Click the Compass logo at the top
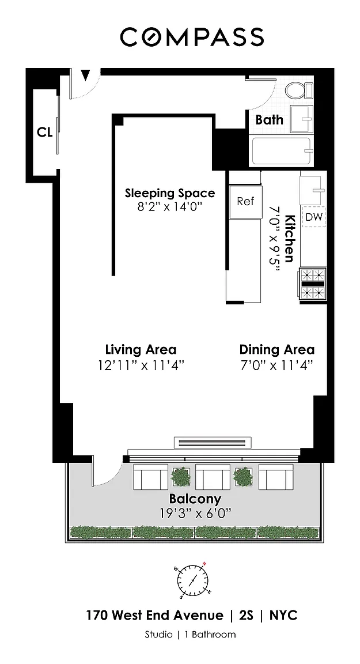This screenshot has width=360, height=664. pyautogui.click(x=192, y=37)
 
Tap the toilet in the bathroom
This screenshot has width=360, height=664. pyautogui.click(x=299, y=90)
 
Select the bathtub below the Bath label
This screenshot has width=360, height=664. pyautogui.click(x=281, y=151)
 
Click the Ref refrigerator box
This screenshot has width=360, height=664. pyautogui.click(x=245, y=202)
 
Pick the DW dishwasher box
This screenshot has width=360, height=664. pyautogui.click(x=314, y=217)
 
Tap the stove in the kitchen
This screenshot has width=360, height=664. pyautogui.click(x=313, y=284)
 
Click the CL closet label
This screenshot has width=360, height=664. pyautogui.click(x=44, y=132)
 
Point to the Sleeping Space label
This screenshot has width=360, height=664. pyautogui.click(x=170, y=194)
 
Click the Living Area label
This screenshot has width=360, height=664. pyautogui.click(x=141, y=350)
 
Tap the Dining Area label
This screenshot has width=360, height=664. pyautogui.click(x=277, y=350)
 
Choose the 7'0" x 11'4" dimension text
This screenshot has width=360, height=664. pyautogui.click(x=277, y=365)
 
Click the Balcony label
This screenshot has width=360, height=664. pyautogui.click(x=195, y=499)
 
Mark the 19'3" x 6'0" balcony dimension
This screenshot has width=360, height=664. pyautogui.click(x=195, y=513)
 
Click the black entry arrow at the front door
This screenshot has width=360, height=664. pyautogui.click(x=86, y=76)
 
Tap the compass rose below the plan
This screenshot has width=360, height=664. pyautogui.click(x=192, y=579)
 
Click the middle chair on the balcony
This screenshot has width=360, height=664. pyautogui.click(x=213, y=477)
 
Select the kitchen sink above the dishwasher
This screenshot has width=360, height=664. pyautogui.click(x=313, y=190)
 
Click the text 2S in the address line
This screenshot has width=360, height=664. pyautogui.click(x=245, y=616)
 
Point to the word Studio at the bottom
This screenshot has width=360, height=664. pyautogui.click(x=158, y=635)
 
